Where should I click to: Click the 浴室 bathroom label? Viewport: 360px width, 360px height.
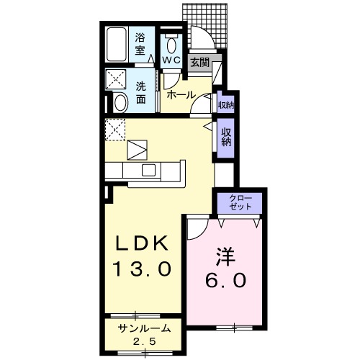141,44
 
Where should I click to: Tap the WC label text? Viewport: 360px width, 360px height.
171,60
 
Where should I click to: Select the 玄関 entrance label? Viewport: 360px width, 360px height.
199,63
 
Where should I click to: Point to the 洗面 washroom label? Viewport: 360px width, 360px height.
142,89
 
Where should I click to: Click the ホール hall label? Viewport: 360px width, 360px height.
180,94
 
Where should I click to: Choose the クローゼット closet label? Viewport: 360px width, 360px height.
241,202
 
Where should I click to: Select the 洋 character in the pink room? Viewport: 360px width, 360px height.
224,254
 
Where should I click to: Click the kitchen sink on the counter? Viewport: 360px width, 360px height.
149,170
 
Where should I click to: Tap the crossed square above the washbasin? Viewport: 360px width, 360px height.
116,78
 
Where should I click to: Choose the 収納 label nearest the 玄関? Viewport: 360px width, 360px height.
225,105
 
